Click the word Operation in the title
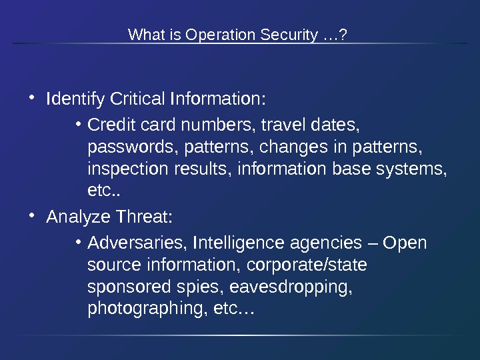[x=215, y=34]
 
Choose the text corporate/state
[x=307, y=265]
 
